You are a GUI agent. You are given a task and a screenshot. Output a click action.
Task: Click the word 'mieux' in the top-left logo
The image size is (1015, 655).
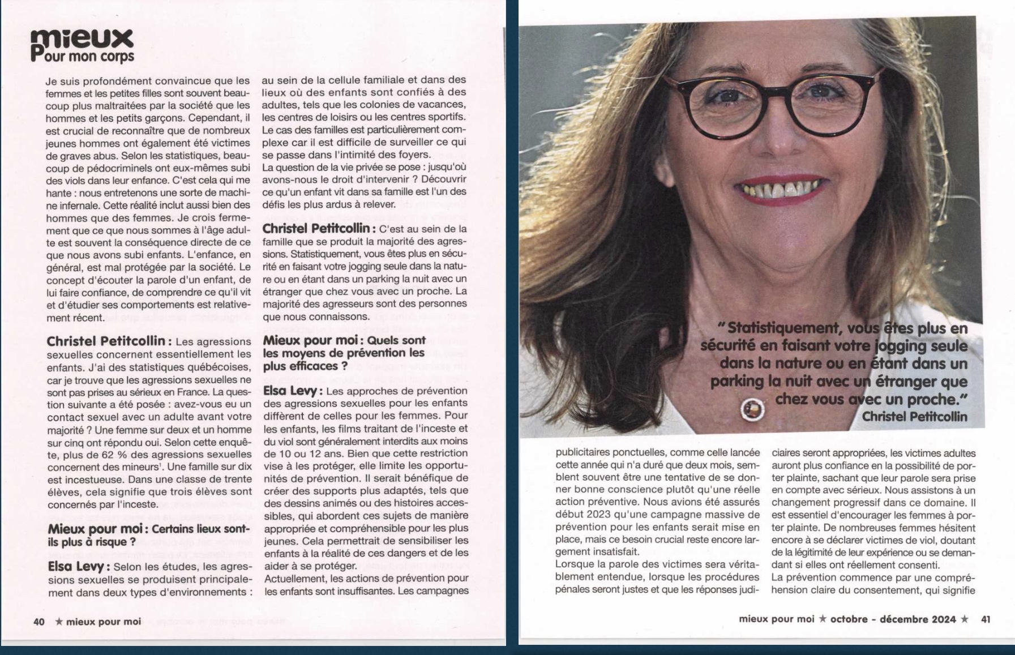[x=82, y=40]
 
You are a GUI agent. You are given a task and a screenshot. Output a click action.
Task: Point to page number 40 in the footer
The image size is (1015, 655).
[x=39, y=622]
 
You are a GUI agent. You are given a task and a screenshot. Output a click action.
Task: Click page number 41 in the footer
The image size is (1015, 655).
[x=986, y=619]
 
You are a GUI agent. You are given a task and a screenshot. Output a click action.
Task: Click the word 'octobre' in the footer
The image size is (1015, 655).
[x=849, y=619]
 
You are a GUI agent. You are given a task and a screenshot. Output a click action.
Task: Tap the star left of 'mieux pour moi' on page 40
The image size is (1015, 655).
[x=59, y=622]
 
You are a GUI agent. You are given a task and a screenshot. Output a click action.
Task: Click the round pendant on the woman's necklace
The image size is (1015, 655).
[x=752, y=409]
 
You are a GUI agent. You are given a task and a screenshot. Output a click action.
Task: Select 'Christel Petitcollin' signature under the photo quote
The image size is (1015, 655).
[x=914, y=417]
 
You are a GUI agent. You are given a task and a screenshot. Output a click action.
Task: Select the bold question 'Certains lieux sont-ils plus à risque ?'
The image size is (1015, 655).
[x=148, y=536]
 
